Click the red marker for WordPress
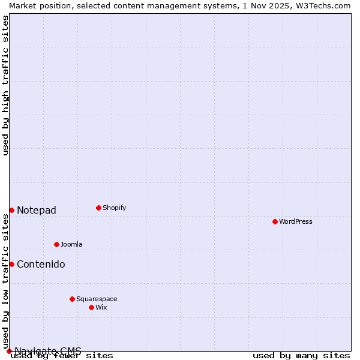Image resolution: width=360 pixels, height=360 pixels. (x=275, y=221)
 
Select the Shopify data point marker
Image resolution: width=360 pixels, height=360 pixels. (x=98, y=208)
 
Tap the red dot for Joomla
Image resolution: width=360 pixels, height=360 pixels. (x=56, y=244)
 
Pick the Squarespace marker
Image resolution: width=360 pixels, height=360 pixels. (x=72, y=299)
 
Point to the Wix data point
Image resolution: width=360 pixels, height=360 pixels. (x=91, y=307)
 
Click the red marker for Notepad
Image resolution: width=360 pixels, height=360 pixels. (x=11, y=210)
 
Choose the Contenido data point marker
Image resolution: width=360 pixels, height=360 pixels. (x=11, y=264)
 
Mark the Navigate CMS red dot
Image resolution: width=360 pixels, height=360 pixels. (x=9, y=351)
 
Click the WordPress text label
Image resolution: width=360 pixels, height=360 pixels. (x=295, y=221)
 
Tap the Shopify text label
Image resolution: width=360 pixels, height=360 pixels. (x=114, y=208)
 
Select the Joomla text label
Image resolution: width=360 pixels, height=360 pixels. (x=71, y=244)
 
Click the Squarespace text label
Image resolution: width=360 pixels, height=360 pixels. (x=97, y=299)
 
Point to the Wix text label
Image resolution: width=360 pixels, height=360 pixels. (x=101, y=307)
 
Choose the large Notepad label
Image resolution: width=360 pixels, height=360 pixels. (x=37, y=210)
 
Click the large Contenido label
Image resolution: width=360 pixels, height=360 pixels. (x=41, y=264)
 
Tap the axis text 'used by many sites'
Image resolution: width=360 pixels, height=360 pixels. (x=301, y=356)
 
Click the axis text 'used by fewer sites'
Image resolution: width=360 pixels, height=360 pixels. (x=62, y=356)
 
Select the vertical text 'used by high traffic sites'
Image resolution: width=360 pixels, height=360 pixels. (x=6, y=85)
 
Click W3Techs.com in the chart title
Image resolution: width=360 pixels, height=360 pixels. (x=322, y=5)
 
